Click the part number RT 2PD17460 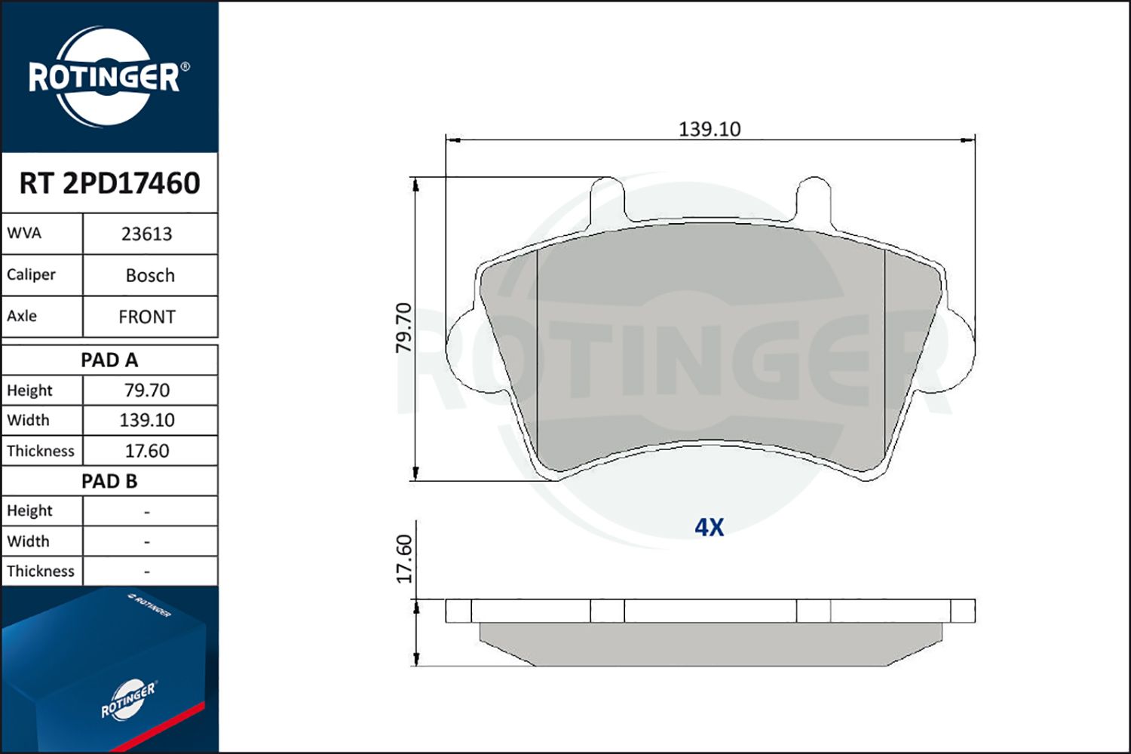coord(109,182)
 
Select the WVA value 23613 coord(147,234)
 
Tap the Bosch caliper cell coord(150,275)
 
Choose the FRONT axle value coord(147,317)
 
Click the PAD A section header coord(109,360)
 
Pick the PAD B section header coord(109,481)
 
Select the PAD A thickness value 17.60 coord(147,450)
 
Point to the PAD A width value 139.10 coord(147,420)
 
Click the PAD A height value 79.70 coord(147,391)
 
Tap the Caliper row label coord(31,274)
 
